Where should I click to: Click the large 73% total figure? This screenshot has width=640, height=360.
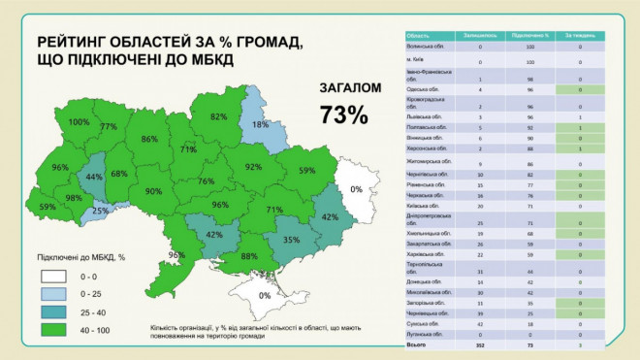coord(343,115)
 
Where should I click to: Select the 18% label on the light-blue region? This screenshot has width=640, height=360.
coord(260,124)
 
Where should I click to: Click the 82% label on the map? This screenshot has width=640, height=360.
coord(218,116)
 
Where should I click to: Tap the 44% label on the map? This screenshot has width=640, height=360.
coord(94,177)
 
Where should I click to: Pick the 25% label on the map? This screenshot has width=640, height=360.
coord(100,211)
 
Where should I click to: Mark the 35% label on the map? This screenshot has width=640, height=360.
coord(290,238)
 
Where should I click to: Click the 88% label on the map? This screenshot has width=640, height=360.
coord(249,256)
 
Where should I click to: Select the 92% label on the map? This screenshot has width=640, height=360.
coord(254,167)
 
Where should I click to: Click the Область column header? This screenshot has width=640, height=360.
coord(419,35)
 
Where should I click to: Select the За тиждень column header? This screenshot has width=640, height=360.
coord(579,35)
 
